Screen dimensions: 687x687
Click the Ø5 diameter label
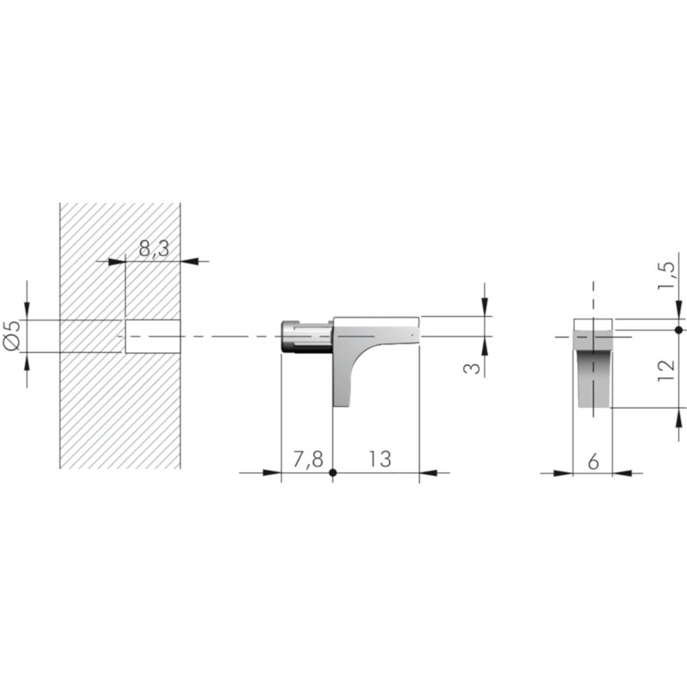[x=12, y=335]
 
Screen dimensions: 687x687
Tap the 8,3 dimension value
[x=154, y=249]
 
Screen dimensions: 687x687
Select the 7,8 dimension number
[x=308, y=459]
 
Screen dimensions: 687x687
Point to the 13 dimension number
[x=380, y=459]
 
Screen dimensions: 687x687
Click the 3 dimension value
[x=471, y=368]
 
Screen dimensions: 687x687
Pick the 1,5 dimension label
[x=666, y=275]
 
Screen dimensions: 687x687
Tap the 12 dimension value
[x=666, y=370]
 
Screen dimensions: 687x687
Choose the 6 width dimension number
[x=593, y=461]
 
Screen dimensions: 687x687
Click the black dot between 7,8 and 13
[x=332, y=473]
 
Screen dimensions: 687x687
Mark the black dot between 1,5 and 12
[x=678, y=330]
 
